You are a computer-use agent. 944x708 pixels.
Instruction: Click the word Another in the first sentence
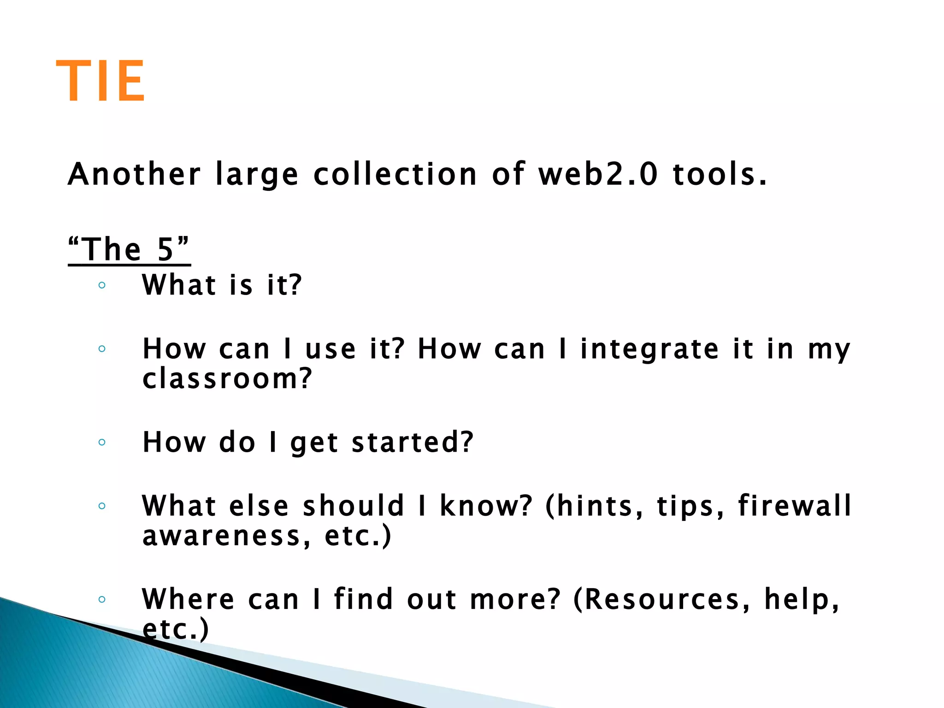pos(134,174)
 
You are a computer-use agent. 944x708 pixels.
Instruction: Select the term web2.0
pos(598,174)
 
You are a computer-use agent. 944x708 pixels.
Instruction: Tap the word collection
pos(395,174)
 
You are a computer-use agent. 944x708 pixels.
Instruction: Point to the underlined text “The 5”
pos(129,249)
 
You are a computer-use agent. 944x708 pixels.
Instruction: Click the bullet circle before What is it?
pos(102,285)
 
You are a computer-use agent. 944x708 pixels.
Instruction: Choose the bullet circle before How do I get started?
pos(102,442)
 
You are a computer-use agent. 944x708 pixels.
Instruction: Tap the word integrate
pos(649,349)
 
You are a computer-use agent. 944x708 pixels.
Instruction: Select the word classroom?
pos(227,379)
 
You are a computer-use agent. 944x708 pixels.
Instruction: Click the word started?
pos(413,442)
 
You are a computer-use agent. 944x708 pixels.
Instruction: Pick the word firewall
pos(795,506)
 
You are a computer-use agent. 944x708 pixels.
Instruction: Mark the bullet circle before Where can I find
pos(102,600)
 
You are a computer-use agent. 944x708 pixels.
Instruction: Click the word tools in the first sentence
pos(720,174)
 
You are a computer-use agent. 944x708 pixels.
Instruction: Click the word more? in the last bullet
pos(515,600)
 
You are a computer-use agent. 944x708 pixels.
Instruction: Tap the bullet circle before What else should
pos(102,506)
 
